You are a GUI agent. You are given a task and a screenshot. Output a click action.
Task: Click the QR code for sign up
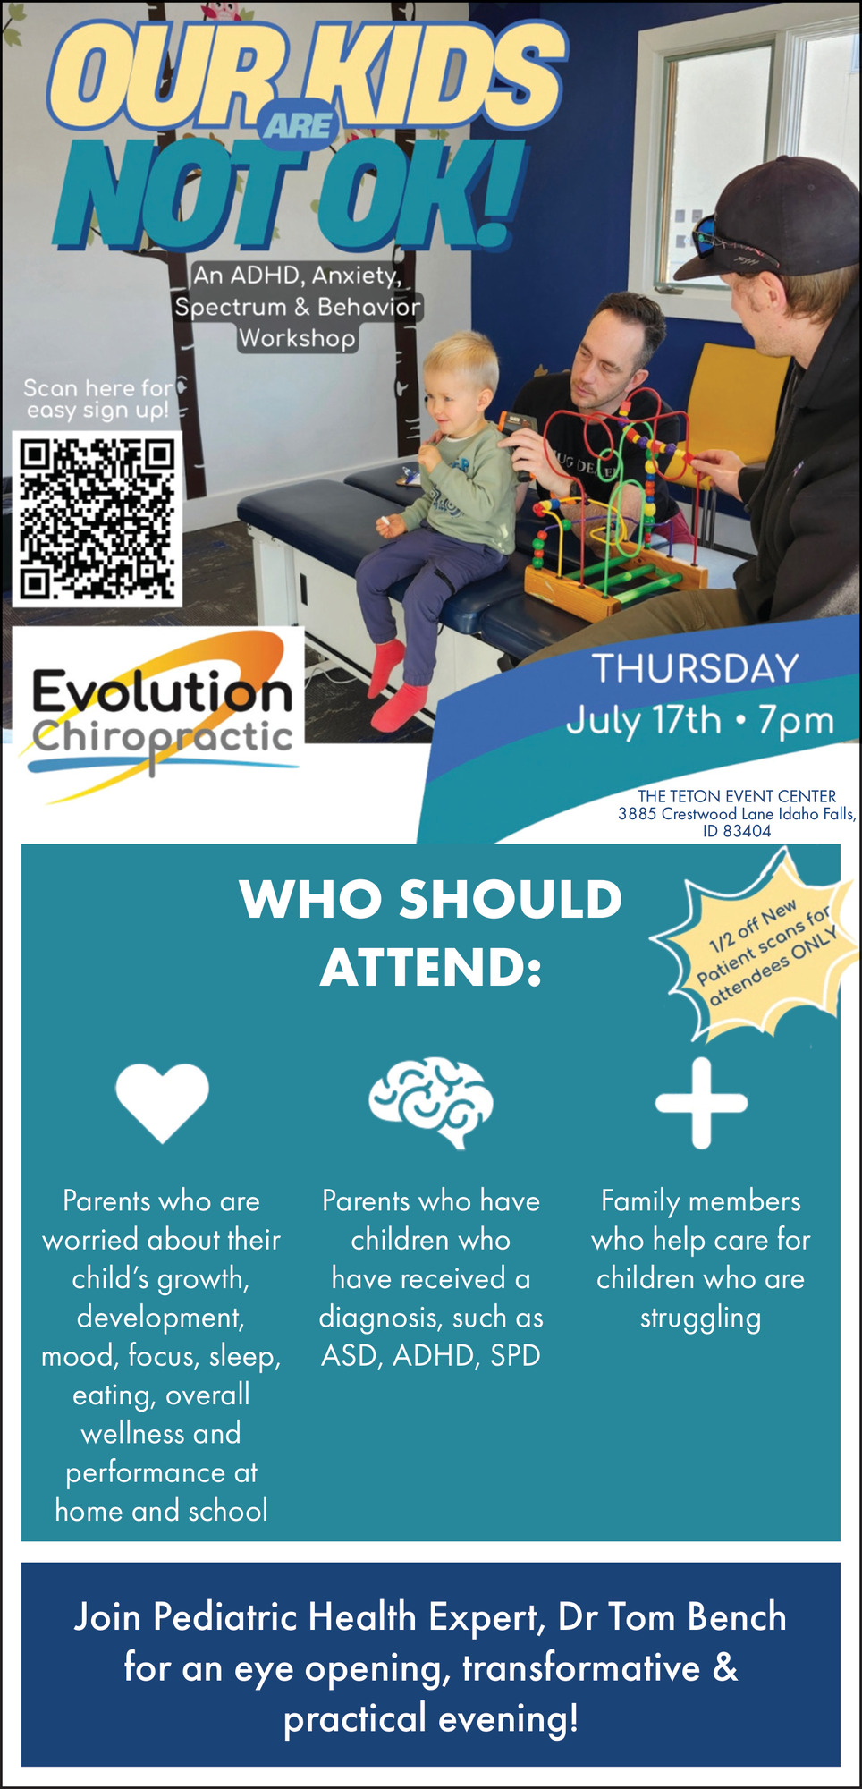click(x=97, y=519)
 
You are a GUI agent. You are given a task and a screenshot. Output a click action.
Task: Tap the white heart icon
click(x=162, y=1102)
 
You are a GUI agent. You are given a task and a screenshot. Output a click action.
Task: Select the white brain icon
click(x=431, y=1103)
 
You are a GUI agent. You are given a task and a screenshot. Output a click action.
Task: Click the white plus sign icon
click(x=701, y=1103)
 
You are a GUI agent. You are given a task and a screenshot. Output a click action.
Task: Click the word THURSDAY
click(x=695, y=668)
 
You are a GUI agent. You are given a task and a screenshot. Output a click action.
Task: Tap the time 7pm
click(x=796, y=721)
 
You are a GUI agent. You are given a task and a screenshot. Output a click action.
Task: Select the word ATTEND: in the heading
click(x=431, y=967)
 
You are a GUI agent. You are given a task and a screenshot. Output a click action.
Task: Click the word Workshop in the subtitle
click(x=297, y=338)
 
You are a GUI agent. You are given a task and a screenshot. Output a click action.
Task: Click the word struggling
click(x=700, y=1318)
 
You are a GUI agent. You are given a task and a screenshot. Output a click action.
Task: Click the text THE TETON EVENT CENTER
click(x=737, y=796)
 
